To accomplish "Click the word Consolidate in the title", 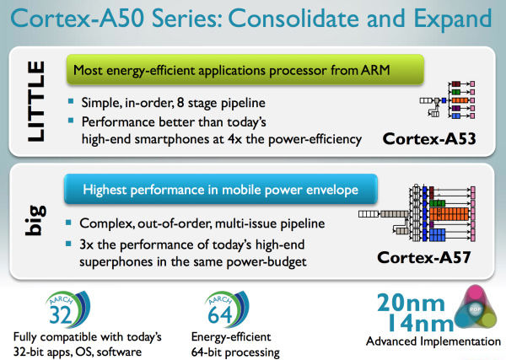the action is pos(294,19).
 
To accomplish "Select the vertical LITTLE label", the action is pos(36,101).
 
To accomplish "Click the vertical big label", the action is pos(36,220).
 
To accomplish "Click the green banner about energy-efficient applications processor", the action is pos(245,70).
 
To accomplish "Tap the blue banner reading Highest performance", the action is pos(221,189).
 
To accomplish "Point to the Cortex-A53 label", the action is pos(429,139).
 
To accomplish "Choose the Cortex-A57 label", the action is pos(423,257).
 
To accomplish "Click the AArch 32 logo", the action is pos(67,309).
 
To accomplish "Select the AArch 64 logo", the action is pos(227,309).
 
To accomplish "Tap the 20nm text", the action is pos(411,303).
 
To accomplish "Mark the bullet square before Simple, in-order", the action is pos(71,101).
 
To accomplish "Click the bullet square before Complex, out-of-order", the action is pos(68,223).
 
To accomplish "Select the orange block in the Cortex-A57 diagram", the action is pos(449,214).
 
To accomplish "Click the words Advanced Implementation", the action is pos(433,341).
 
